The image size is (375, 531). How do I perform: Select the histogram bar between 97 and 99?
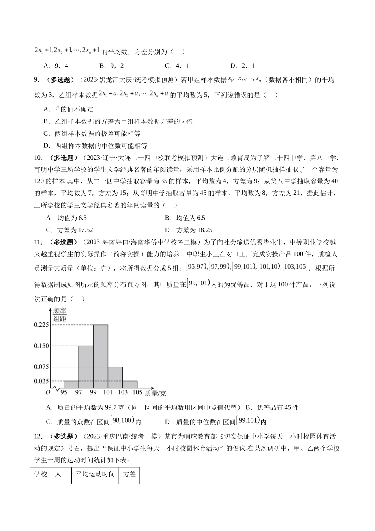click(86, 367)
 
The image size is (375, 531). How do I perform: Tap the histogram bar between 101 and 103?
click(115, 377)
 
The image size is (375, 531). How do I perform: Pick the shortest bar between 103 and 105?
click(130, 384)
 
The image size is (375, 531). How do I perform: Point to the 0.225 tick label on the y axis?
click(41, 325)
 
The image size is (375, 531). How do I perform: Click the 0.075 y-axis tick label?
click(41, 367)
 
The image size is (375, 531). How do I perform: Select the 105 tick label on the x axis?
click(137, 392)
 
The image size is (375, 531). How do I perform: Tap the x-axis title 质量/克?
click(155, 393)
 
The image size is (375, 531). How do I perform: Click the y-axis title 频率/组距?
click(60, 314)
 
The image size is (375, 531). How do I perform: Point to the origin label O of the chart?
click(48, 392)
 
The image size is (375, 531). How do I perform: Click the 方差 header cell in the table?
click(129, 474)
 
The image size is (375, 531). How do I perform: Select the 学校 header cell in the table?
click(41, 474)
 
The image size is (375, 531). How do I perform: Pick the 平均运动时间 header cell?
click(95, 474)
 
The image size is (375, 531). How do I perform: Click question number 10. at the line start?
click(38, 158)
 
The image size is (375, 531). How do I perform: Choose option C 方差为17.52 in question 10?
click(69, 230)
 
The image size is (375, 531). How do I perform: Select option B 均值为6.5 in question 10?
click(185, 218)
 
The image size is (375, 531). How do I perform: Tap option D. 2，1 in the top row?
click(242, 66)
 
